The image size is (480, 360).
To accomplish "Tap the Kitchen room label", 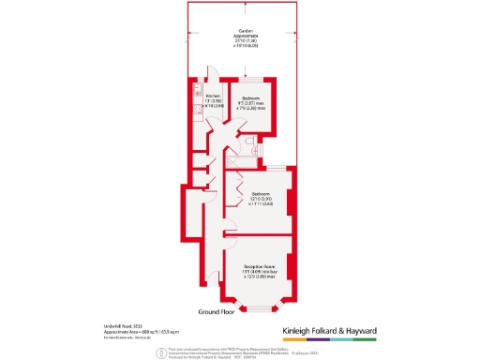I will click(211, 97).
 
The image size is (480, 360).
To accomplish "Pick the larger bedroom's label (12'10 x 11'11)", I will click(260, 200).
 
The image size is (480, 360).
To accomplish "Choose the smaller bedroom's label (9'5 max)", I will click(251, 103).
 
